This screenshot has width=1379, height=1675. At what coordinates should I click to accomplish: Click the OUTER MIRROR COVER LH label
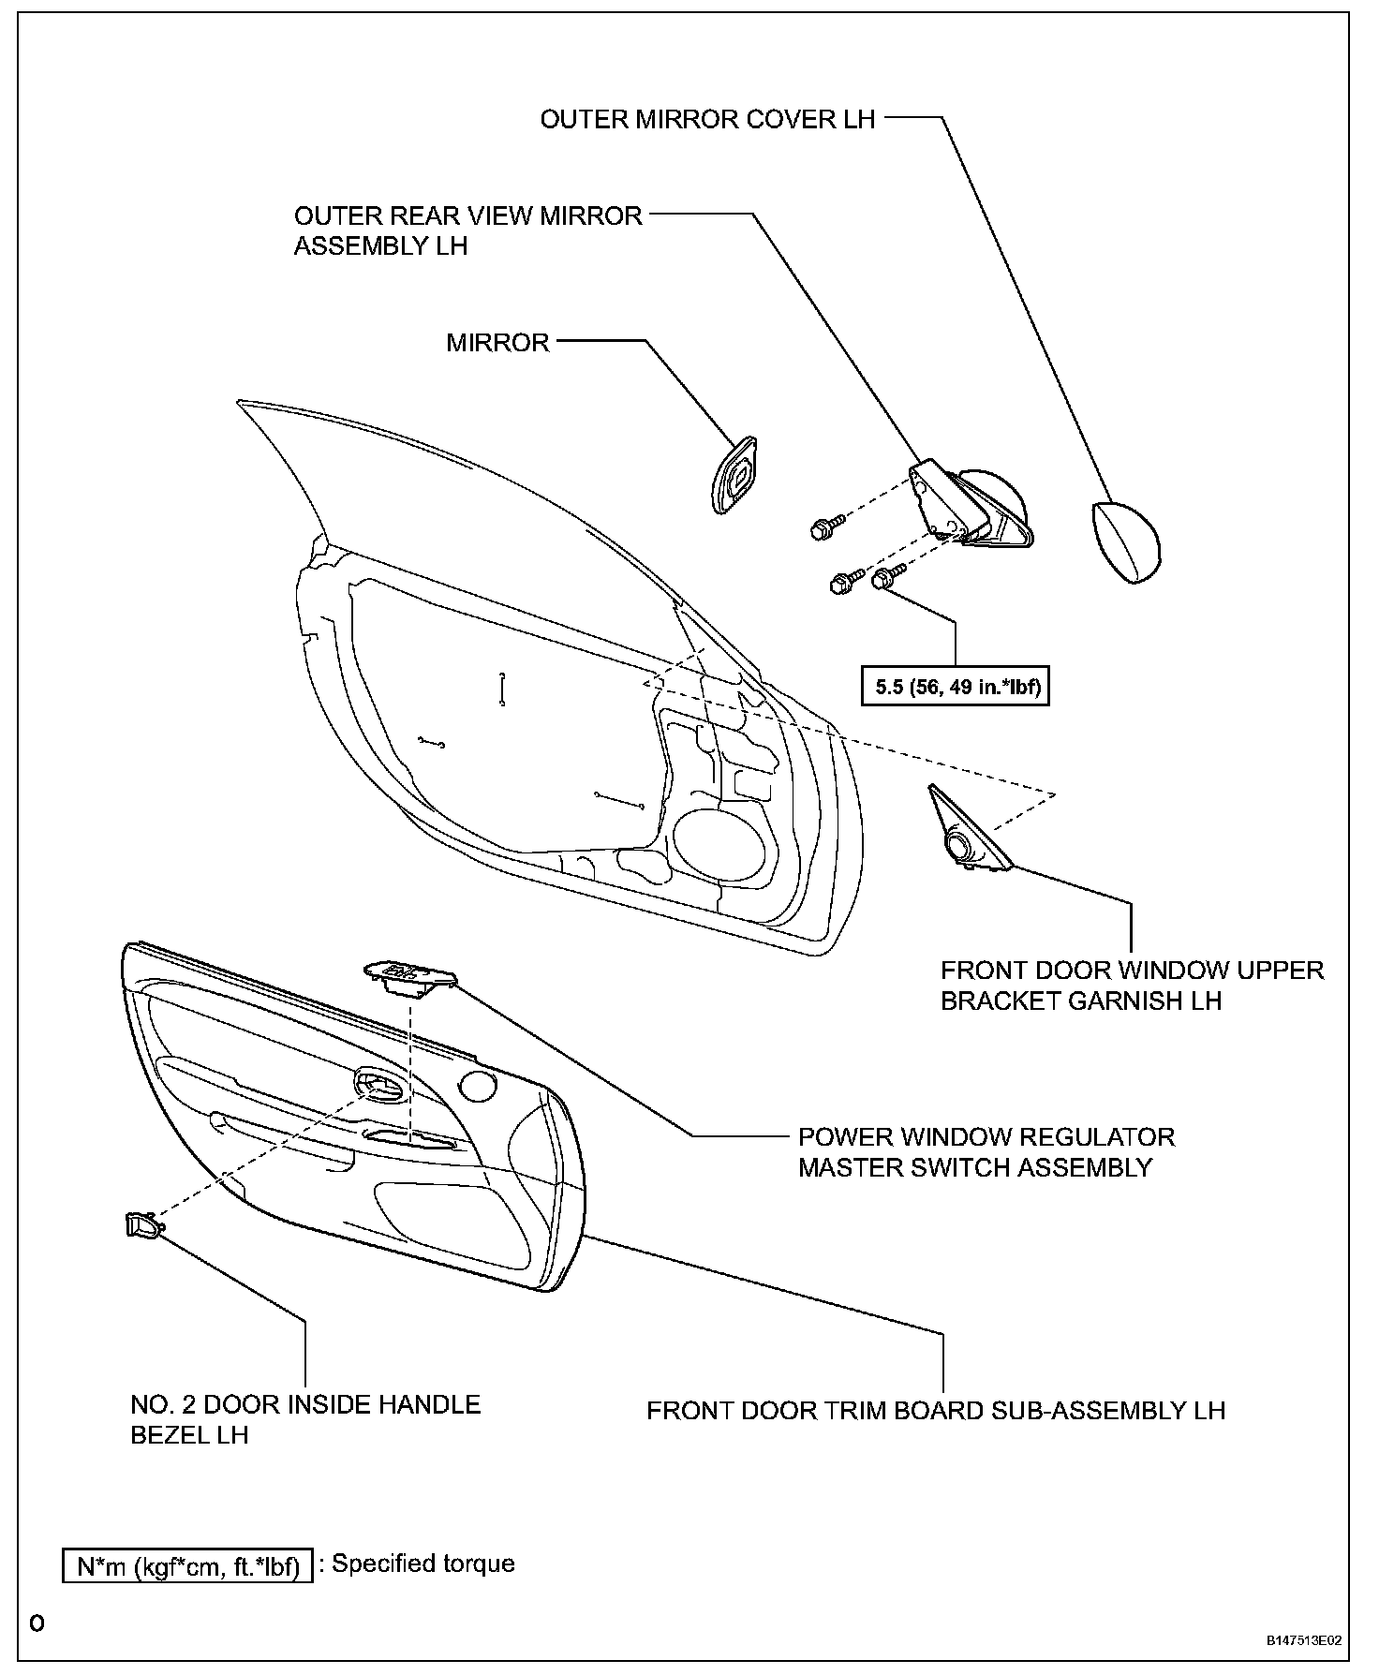pos(707,119)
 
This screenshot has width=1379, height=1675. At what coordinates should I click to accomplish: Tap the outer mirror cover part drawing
pos(1125,543)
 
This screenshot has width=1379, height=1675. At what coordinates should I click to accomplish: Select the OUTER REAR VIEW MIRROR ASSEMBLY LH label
pos(468,230)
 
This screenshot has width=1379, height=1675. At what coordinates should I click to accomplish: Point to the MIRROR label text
pos(497,342)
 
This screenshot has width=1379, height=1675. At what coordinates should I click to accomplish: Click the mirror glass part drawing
pos(734,475)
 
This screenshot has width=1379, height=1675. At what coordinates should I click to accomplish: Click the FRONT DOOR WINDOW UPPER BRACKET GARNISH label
pos(1132,986)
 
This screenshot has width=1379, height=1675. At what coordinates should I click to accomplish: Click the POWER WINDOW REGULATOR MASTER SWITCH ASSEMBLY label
pos(986,1152)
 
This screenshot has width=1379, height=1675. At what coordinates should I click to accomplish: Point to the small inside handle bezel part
pos(143,1223)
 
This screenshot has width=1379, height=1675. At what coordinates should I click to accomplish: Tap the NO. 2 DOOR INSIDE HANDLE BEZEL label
pos(305,1419)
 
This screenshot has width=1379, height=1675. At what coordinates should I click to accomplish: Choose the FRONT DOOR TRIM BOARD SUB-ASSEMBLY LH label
pos(936,1410)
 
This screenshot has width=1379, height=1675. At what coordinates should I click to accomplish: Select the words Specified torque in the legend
pos(423,1564)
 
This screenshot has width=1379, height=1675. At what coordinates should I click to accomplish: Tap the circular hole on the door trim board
pos(478,1087)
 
